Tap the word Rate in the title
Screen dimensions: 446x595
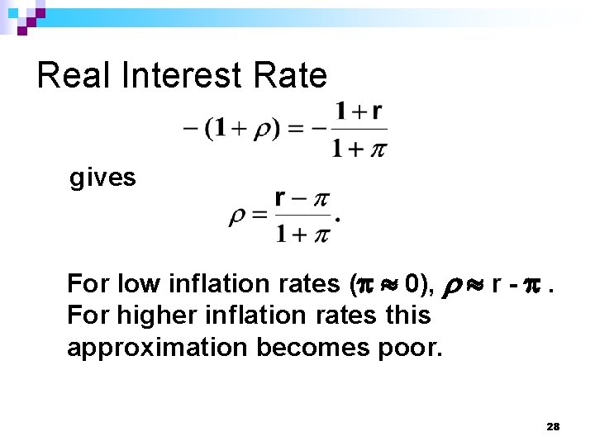[x=294, y=76]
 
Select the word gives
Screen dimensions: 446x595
[x=102, y=178]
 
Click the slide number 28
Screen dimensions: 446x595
[x=553, y=426]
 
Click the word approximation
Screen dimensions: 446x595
[x=158, y=348]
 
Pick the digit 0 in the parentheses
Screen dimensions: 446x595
[x=414, y=284]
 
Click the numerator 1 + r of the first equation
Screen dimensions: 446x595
[x=359, y=111]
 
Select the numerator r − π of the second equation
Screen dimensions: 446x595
[x=302, y=198]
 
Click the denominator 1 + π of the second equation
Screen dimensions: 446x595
[x=302, y=235]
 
